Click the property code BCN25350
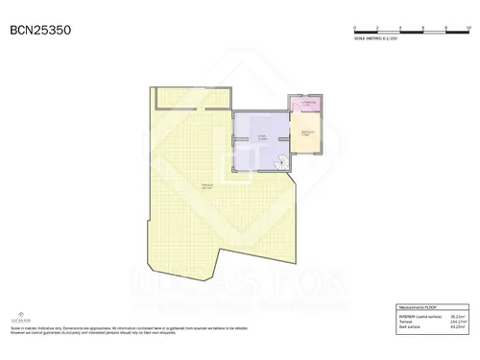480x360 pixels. click(39, 31)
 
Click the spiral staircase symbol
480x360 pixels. click(280, 164)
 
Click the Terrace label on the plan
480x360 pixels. click(206, 186)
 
